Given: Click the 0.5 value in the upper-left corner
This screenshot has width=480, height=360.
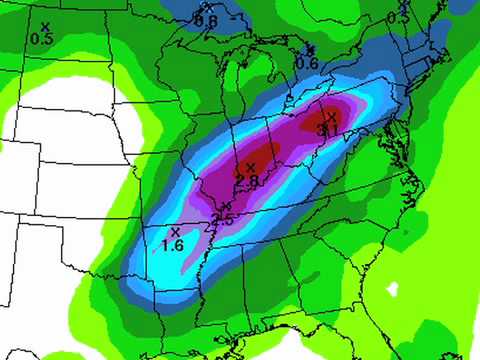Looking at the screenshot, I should (x=42, y=39).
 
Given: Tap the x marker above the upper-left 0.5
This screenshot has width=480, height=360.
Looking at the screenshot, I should (x=44, y=27).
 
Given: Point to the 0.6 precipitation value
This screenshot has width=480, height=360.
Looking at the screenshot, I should (x=307, y=63).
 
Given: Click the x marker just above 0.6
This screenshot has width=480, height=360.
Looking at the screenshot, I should (x=310, y=49).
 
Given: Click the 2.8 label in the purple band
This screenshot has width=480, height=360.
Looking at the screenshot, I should (x=246, y=179).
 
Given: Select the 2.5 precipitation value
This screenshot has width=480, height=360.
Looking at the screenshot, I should (x=224, y=218).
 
